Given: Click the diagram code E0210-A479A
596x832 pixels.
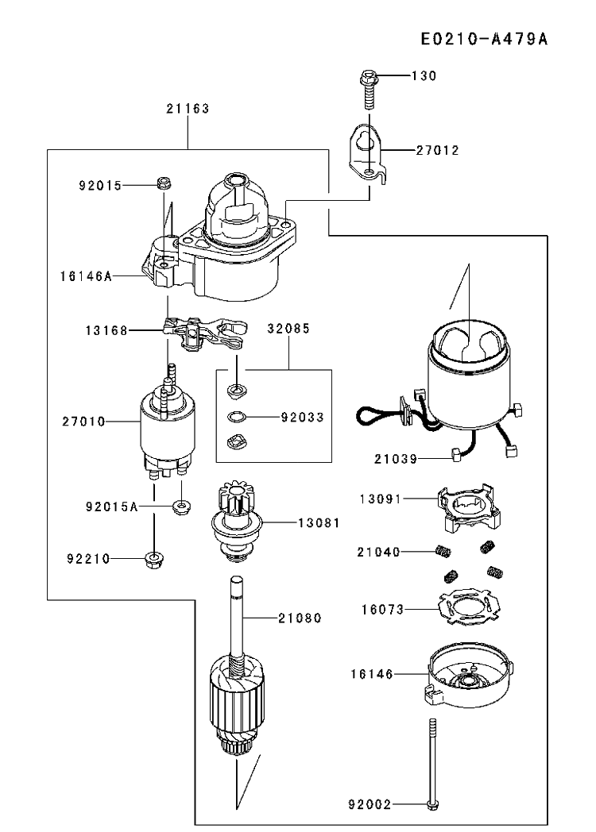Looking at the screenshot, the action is click(x=484, y=39).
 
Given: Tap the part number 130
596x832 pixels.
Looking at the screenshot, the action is click(x=424, y=76).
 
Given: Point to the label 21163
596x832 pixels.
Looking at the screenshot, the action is click(x=188, y=109).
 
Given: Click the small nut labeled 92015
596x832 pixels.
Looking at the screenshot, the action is click(x=163, y=183).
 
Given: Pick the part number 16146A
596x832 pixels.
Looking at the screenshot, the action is click(x=86, y=276).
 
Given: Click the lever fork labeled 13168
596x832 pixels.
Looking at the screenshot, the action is click(x=204, y=333).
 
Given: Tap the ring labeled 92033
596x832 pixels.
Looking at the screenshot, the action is click(x=237, y=417).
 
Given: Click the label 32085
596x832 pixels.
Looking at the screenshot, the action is click(x=288, y=329).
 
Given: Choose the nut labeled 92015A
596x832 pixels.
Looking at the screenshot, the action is click(x=182, y=507).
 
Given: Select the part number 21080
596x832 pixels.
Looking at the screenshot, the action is click(x=300, y=618).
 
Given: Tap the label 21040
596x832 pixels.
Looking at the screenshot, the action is click(x=378, y=553).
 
